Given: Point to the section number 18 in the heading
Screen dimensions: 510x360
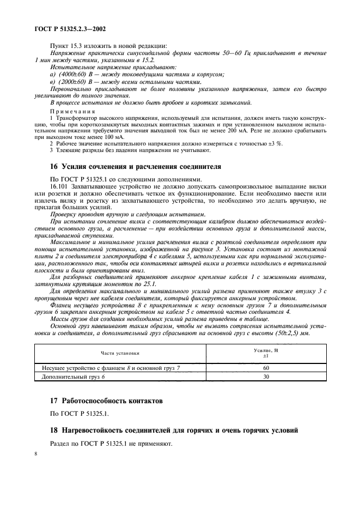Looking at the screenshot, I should pos(54,430).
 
